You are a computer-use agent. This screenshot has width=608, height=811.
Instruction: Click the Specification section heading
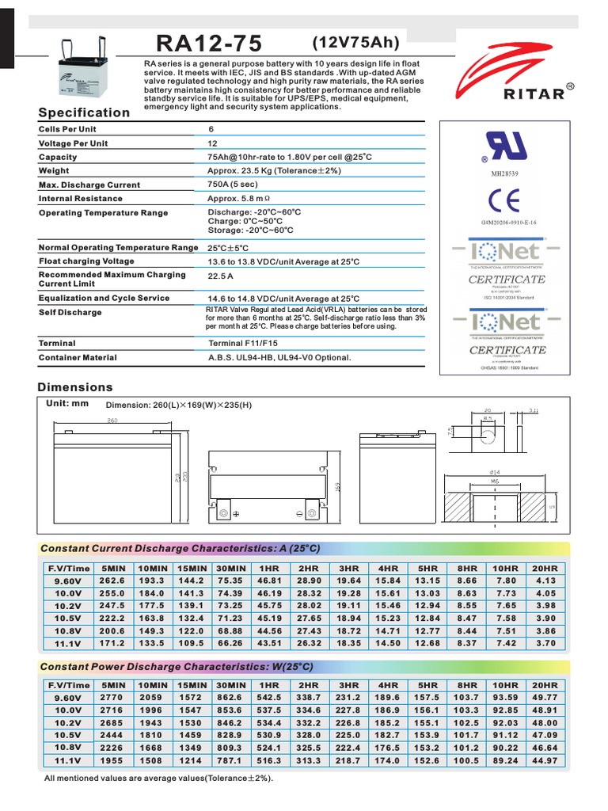coord(84,112)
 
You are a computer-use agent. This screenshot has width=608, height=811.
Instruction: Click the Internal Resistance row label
coord(81,199)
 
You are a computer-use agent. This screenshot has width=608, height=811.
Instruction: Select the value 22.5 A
coord(220,276)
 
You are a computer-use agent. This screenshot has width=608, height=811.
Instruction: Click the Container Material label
coord(78,358)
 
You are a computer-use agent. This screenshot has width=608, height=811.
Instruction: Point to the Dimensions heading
coord(75,387)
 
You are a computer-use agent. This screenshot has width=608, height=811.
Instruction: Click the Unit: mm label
coord(69,403)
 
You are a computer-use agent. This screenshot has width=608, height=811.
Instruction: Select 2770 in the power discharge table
coord(113,697)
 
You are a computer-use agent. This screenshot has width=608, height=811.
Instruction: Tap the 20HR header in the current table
coord(545,569)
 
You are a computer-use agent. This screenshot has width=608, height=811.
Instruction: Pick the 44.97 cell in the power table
coord(545,760)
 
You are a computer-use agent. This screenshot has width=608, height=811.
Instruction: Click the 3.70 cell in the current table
coord(545,643)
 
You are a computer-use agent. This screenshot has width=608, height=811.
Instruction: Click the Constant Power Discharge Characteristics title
coord(180,667)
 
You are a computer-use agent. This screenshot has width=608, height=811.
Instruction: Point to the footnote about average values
coord(158,779)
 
